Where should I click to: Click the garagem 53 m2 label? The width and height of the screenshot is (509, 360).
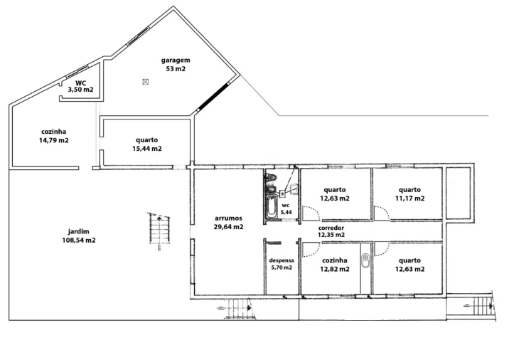(x=176, y=64)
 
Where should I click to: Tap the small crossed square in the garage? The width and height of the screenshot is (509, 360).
(x=146, y=82)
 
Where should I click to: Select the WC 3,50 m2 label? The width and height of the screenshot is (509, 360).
(x=80, y=86)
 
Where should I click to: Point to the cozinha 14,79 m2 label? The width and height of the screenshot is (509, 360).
(x=54, y=136)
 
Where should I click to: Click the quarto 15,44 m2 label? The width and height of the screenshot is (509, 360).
(x=147, y=144)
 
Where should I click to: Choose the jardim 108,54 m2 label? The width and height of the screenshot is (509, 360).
(x=79, y=236)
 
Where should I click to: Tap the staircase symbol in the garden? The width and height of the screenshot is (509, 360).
(x=159, y=229)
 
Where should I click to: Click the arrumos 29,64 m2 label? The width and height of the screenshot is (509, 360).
(x=228, y=223)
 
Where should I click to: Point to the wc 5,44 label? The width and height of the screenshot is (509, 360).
(x=286, y=209)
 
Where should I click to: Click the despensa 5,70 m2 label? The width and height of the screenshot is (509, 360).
(x=282, y=264)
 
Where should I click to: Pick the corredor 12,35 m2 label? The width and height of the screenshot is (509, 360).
(x=331, y=231)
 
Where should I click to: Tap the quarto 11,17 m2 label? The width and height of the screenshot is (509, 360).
(x=409, y=194)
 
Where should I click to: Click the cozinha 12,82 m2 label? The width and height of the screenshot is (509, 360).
(x=335, y=265)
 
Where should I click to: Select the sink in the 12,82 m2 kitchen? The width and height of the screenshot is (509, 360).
(x=366, y=260)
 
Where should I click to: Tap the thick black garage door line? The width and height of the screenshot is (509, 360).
(x=213, y=97)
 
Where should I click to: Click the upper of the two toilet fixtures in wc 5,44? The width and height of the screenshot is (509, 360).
(x=271, y=177)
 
